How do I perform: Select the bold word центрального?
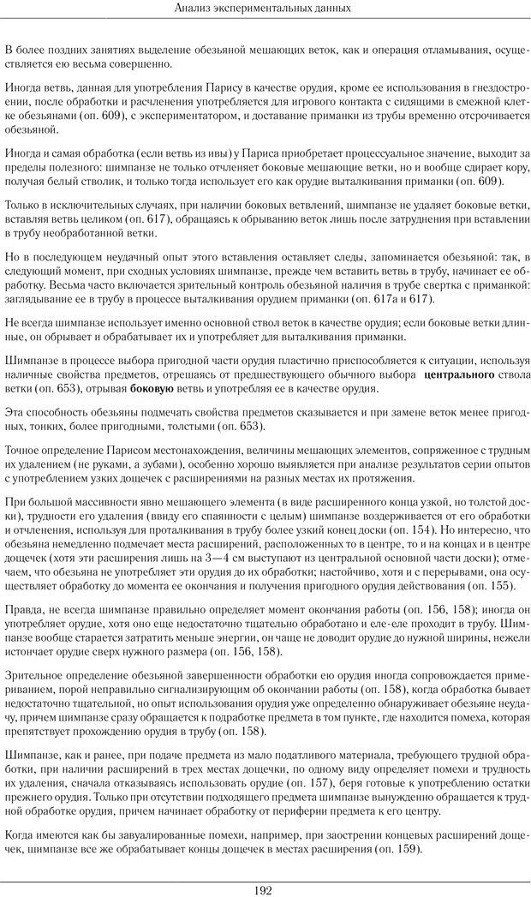click(x=459, y=375)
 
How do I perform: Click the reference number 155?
click(x=500, y=586)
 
